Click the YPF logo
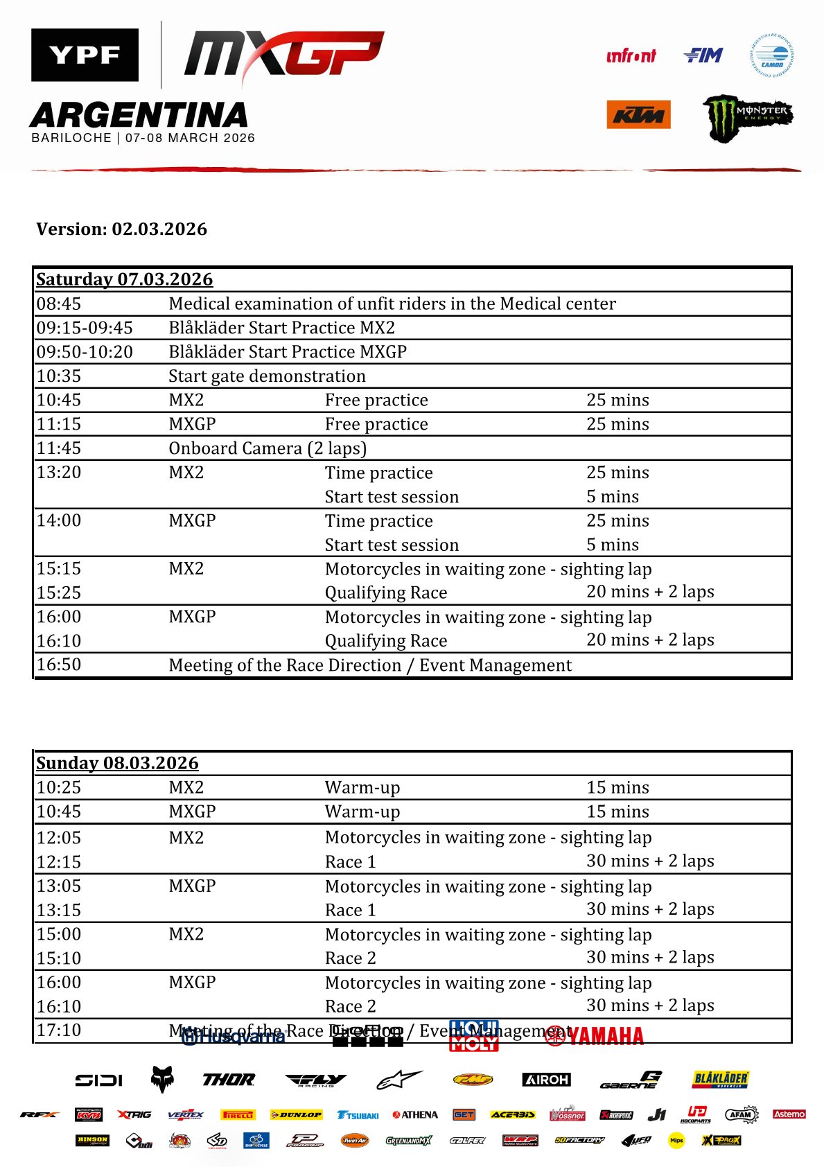(x=85, y=55)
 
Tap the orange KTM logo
(x=638, y=115)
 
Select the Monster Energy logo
(x=748, y=118)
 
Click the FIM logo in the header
(x=703, y=55)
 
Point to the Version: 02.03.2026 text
(x=121, y=229)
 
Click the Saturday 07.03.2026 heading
(x=124, y=279)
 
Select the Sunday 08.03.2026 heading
(x=117, y=763)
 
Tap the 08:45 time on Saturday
(x=59, y=304)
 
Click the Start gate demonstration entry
(x=267, y=376)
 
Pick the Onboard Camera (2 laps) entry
(x=268, y=448)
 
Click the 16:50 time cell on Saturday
(x=59, y=665)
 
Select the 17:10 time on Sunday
(x=59, y=1030)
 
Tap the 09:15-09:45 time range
(x=85, y=328)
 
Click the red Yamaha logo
(x=595, y=1035)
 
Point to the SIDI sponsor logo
(x=99, y=1080)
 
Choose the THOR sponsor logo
(x=229, y=1080)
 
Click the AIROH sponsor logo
(x=546, y=1080)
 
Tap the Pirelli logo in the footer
(x=238, y=1115)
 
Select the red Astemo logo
(x=789, y=1114)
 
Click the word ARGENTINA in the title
(x=139, y=115)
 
